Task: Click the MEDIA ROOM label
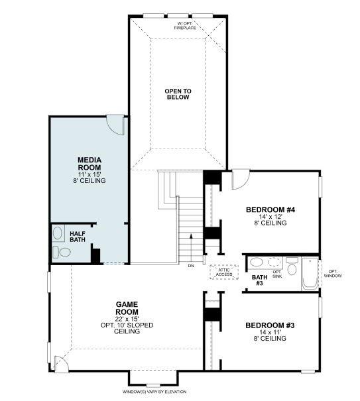(89, 164)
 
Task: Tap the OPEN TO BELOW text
(178, 93)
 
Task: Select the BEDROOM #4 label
(270, 210)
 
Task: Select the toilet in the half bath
(62, 252)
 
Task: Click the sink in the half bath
(58, 233)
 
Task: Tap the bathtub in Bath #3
(310, 273)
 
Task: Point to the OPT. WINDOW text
(333, 272)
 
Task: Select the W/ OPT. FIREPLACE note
(185, 25)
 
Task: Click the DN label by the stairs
(191, 265)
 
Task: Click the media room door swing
(115, 125)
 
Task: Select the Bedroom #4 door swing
(239, 179)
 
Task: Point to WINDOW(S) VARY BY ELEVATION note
(155, 392)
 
